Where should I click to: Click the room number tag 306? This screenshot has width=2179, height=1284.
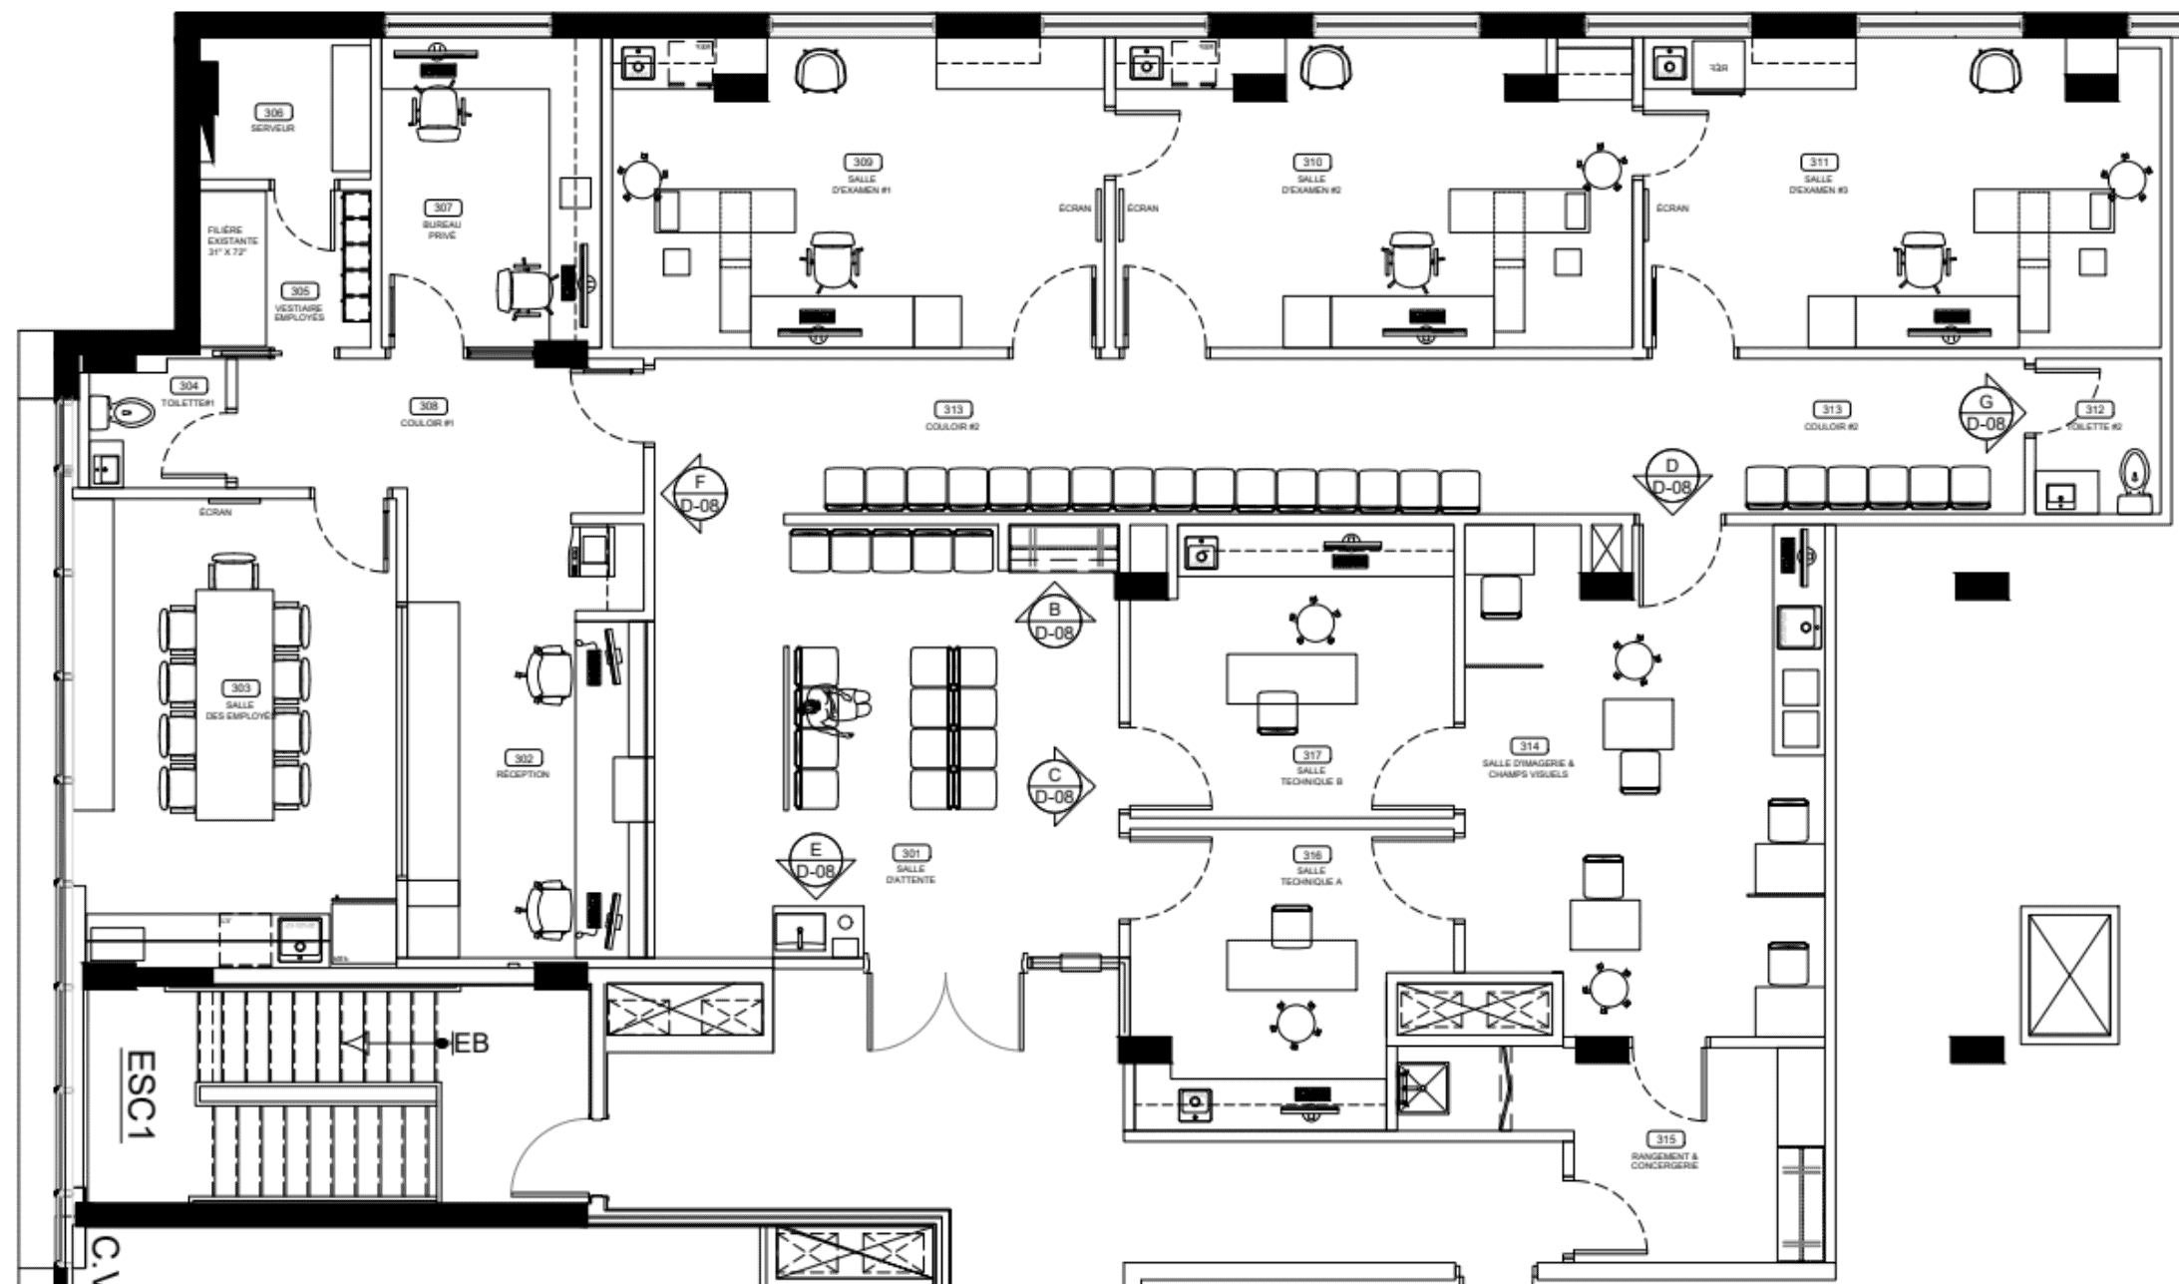(x=273, y=113)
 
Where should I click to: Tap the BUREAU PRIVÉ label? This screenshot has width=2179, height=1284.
(x=442, y=230)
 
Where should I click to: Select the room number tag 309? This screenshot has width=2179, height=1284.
(x=862, y=163)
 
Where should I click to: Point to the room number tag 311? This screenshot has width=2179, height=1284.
(x=1818, y=163)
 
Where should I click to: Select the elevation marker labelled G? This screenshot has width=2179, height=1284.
(x=1986, y=412)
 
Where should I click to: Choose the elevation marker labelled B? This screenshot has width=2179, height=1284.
(x=1054, y=621)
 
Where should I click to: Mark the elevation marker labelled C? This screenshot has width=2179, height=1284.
(x=1056, y=786)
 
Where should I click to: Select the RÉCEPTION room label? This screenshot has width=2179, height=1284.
(x=523, y=774)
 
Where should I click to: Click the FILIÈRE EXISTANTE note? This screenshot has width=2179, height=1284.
(x=232, y=240)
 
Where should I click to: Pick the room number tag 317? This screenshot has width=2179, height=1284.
(x=1311, y=755)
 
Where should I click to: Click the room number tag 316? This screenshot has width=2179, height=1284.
(x=1311, y=855)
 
